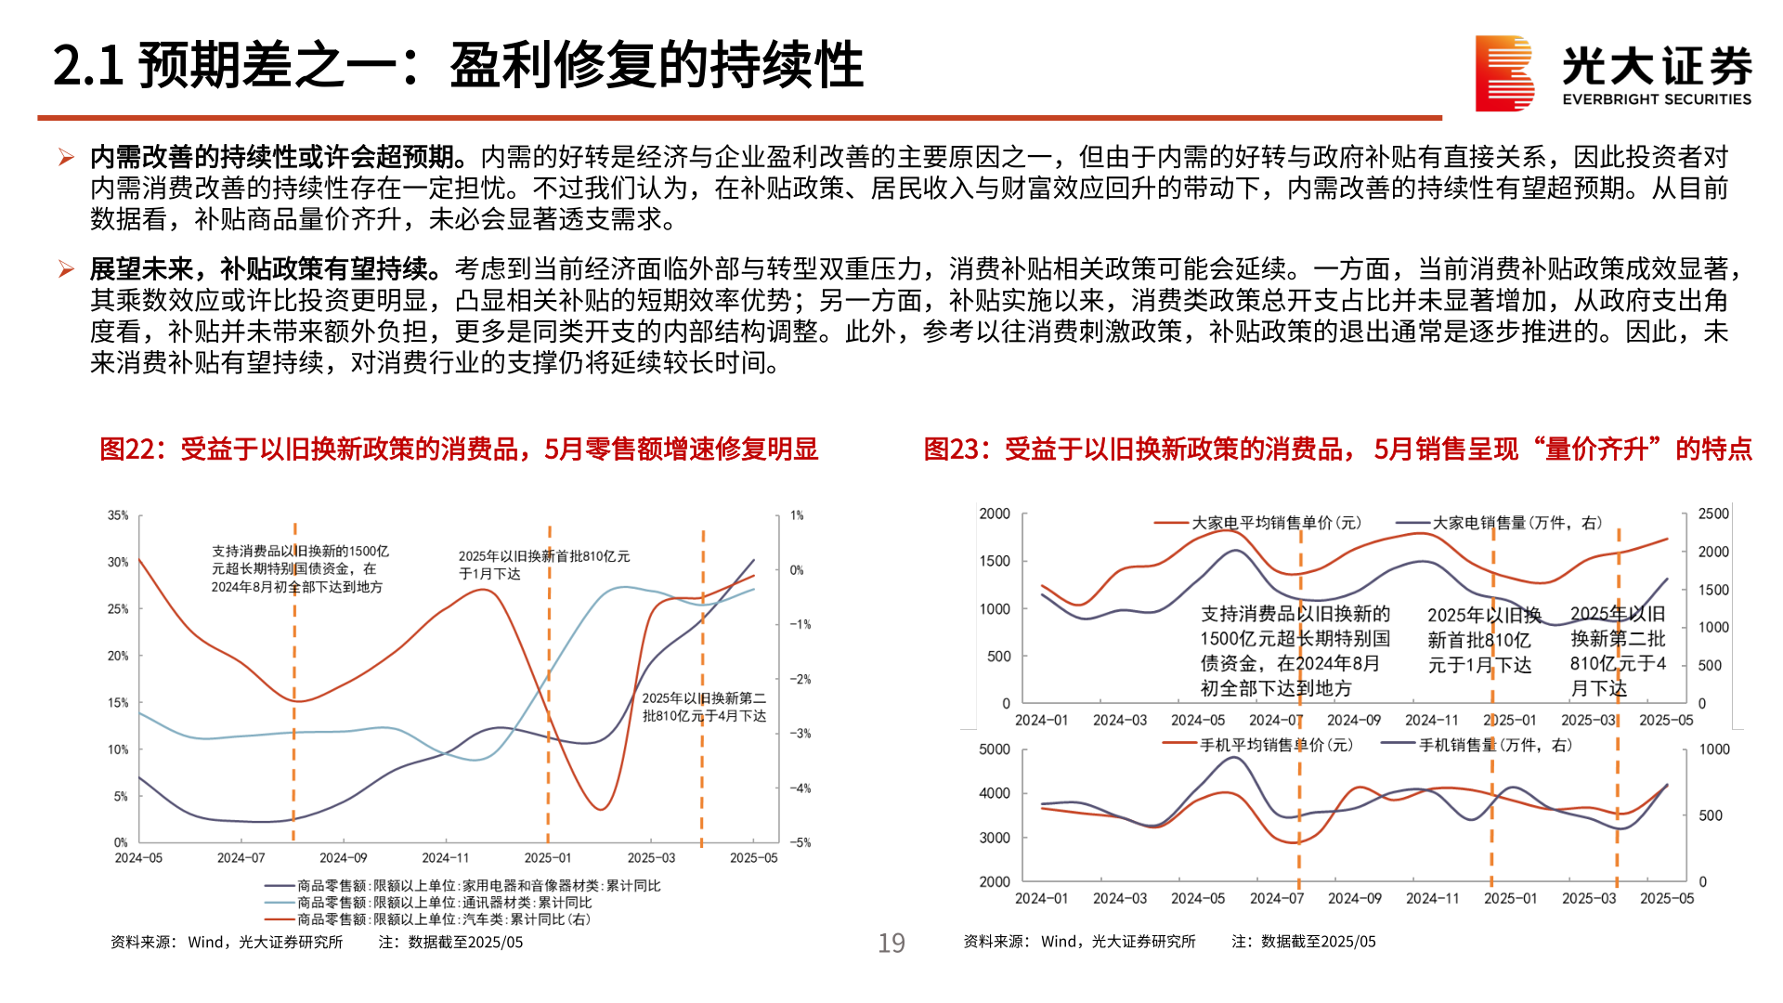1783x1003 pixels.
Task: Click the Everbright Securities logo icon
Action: pyautogui.click(x=1503, y=73)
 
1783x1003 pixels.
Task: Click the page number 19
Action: pyautogui.click(x=891, y=944)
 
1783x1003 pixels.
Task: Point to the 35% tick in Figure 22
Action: pyautogui.click(x=118, y=515)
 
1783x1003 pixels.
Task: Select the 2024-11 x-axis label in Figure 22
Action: pyautogui.click(x=446, y=858)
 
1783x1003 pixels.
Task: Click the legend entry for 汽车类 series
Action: pyautogui.click(x=443, y=919)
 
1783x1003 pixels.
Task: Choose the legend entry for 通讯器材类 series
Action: pyautogui.click(x=444, y=903)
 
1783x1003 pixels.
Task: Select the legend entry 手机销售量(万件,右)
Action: pyautogui.click(x=1495, y=745)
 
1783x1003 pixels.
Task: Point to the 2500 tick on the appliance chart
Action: pyautogui.click(x=1713, y=514)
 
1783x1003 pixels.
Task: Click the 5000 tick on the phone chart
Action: pyautogui.click(x=995, y=749)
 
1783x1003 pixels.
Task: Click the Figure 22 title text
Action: pyautogui.click(x=459, y=449)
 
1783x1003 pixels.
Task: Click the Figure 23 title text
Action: pyautogui.click(x=1337, y=449)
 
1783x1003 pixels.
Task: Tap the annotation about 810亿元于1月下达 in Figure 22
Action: pyautogui.click(x=543, y=565)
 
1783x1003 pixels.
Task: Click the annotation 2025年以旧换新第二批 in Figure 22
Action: pyautogui.click(x=704, y=707)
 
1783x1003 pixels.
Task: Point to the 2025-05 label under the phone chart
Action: pyautogui.click(x=1667, y=898)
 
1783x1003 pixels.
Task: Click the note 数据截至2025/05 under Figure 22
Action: pyautogui.click(x=465, y=943)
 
